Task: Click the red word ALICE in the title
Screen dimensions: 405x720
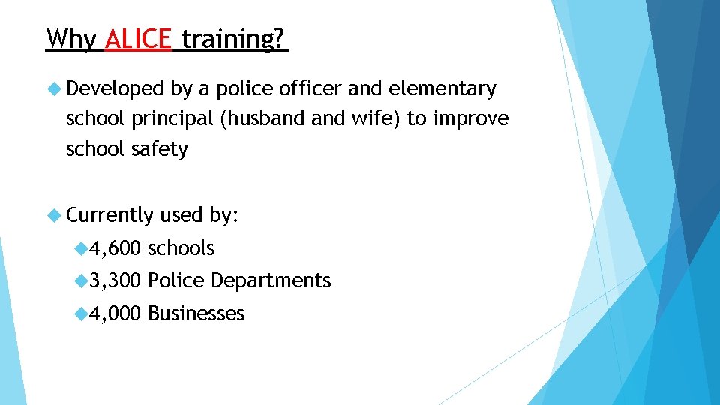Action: pos(139,38)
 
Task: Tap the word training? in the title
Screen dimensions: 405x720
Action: pos(233,38)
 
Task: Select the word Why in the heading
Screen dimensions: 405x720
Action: pos(71,38)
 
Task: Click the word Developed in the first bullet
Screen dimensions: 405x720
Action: pos(115,89)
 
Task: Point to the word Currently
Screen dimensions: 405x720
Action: pos(109,216)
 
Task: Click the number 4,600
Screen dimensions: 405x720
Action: pos(115,248)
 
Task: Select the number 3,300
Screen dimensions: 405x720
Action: pos(115,280)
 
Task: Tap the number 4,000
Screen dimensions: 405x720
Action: pos(115,313)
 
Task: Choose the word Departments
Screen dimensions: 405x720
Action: pos(271,280)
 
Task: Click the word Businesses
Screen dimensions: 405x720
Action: pos(196,313)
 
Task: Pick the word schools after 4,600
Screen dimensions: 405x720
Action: pos(181,248)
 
